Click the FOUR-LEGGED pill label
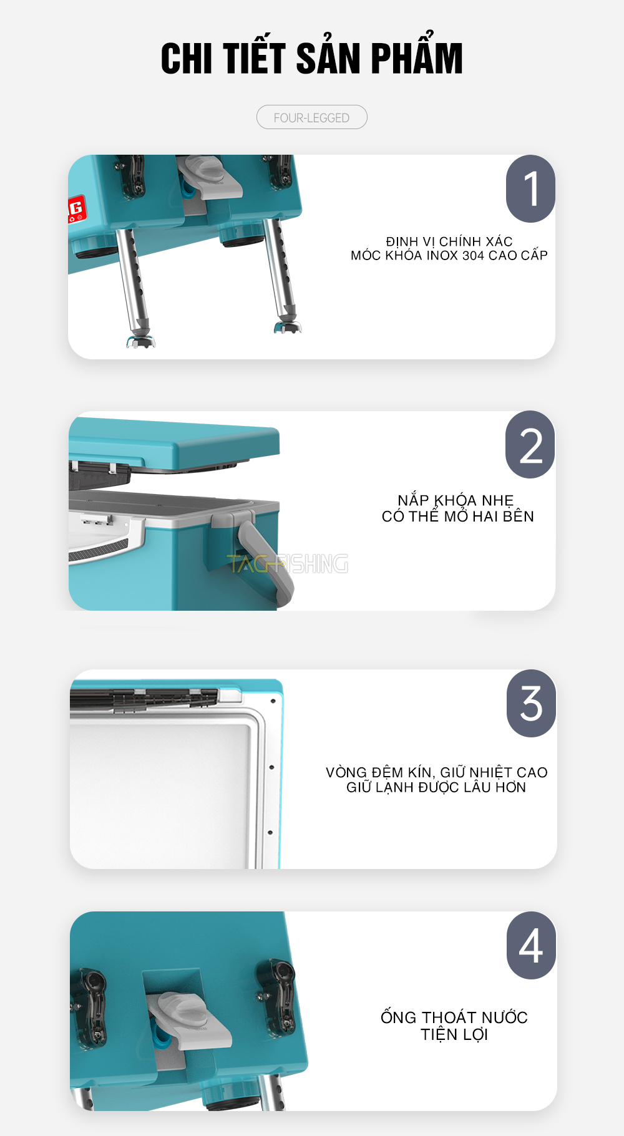pyautogui.click(x=311, y=117)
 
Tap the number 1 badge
pyautogui.click(x=530, y=188)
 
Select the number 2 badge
pyautogui.click(x=530, y=445)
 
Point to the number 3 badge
pyautogui.click(x=531, y=704)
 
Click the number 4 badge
pyautogui.click(x=531, y=946)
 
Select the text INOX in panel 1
pyautogui.click(x=442, y=256)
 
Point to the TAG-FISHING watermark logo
pyautogui.click(x=288, y=563)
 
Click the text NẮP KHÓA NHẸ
pyautogui.click(x=456, y=500)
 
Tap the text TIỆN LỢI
pyautogui.click(x=454, y=1034)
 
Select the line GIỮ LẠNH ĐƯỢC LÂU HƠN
pyautogui.click(x=436, y=787)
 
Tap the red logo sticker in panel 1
pyautogui.click(x=76, y=210)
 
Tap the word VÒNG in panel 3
pyautogui.click(x=346, y=772)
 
